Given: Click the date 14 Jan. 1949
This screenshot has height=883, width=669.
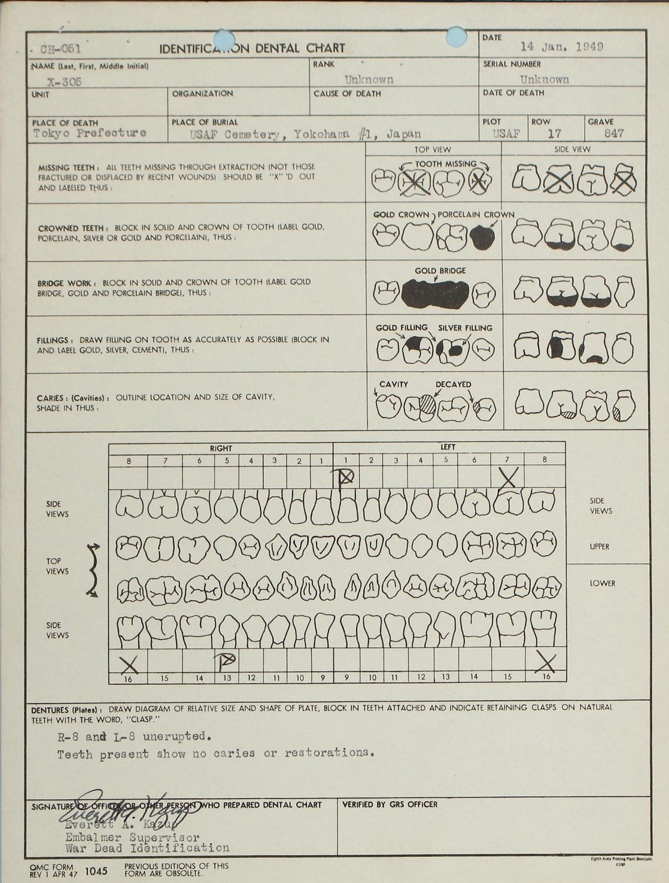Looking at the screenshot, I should coord(561,47).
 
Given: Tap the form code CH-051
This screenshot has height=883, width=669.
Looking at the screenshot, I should coord(60,49).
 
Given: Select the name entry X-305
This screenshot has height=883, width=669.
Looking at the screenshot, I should coord(65,82).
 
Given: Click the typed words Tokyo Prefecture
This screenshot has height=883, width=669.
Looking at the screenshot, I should coord(90,133).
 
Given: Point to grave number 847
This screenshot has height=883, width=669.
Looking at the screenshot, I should coord(614,133).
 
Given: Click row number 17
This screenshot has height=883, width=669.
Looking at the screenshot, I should coord(554,133).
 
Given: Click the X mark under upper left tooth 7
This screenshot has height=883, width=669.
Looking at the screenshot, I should coord(507,477).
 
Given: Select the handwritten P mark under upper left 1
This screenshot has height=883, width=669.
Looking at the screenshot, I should coord(345,477).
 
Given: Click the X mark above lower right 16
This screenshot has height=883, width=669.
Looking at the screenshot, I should coord(129,663).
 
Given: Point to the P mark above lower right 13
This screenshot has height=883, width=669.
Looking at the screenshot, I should coord(227,660).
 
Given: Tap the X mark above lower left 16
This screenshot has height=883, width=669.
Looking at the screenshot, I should coord(545,662).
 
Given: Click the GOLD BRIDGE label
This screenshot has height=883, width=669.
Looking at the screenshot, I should coord(440,270).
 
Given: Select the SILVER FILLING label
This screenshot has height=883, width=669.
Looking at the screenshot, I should coord(465,328).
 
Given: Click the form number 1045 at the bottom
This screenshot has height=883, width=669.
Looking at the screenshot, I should coord(96,871).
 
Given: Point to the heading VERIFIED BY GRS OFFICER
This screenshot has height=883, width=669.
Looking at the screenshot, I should coord(390,805).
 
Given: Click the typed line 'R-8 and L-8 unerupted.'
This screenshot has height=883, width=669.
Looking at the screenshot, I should coord(135,736).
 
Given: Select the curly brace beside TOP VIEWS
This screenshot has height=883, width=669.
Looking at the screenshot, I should coord(93,570).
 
